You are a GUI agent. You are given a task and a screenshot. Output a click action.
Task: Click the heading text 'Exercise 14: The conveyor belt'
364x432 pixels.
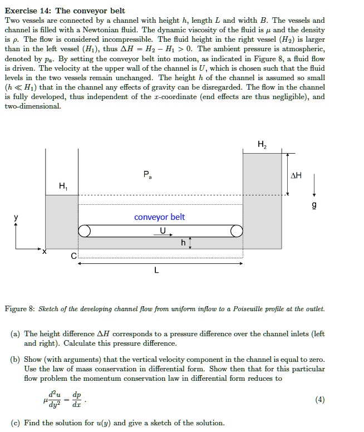click(65, 11)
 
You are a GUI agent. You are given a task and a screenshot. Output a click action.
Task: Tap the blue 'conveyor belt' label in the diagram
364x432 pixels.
click(160, 217)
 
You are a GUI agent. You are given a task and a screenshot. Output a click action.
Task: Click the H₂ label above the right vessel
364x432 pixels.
click(262, 145)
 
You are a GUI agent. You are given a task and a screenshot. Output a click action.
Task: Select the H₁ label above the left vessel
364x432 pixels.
click(62, 185)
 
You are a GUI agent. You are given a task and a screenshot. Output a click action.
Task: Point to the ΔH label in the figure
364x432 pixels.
click(297, 175)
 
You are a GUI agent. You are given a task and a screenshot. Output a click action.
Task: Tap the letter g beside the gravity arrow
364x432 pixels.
click(314, 205)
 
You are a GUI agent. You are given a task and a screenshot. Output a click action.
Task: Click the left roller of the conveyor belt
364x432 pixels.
click(85, 231)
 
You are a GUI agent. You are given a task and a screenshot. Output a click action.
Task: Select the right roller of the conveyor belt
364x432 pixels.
click(237, 231)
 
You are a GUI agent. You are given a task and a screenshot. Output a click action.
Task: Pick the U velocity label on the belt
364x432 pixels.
click(163, 230)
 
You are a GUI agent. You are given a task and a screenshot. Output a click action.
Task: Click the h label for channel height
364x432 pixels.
click(183, 243)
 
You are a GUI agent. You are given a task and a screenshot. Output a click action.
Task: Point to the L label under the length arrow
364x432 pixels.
click(156, 271)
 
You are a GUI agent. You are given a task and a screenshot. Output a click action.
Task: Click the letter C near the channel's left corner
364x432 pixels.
click(73, 256)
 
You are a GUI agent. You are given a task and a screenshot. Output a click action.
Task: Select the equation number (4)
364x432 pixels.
click(319, 399)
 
